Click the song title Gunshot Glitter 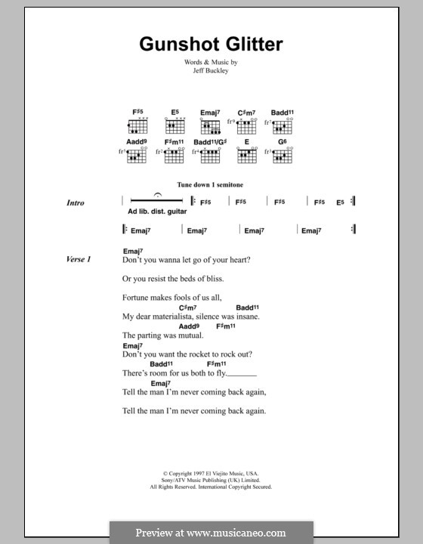coord(211,44)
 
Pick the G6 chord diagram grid coord(283,156)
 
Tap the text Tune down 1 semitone coord(210,184)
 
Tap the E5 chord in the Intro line coord(341,202)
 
